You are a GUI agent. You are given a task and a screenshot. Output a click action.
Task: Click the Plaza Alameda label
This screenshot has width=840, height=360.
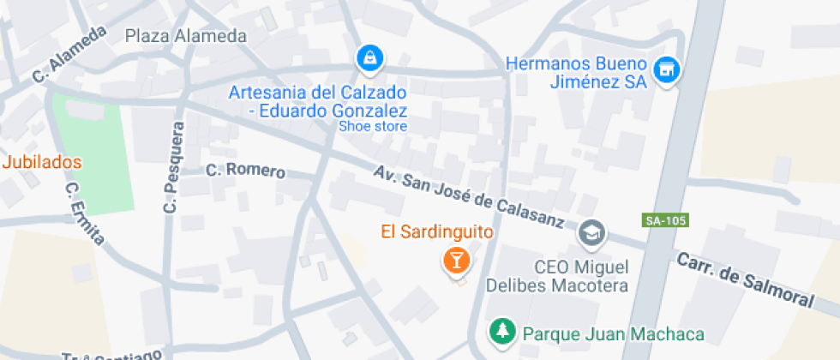point(185,36)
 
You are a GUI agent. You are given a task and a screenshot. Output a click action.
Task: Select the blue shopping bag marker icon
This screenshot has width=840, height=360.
point(369,57)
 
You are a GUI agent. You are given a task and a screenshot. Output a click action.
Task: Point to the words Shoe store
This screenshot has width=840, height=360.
point(373,126)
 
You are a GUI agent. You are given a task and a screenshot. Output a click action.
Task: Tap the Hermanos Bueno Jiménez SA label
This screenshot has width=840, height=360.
point(575,73)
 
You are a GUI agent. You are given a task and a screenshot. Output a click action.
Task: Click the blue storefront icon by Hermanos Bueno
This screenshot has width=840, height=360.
point(664,70)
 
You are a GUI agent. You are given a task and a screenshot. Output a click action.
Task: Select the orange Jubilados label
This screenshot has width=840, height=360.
point(42,161)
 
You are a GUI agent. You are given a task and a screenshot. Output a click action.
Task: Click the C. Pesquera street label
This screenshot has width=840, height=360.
point(174,168)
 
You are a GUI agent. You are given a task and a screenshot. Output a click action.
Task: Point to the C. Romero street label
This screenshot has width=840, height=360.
point(245,170)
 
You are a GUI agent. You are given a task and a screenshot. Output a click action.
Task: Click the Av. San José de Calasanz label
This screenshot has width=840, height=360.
point(468,196)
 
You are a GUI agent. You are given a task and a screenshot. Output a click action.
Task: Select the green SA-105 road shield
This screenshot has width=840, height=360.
point(664,220)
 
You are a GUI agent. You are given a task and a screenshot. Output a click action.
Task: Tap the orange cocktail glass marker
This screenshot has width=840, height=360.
point(456,260)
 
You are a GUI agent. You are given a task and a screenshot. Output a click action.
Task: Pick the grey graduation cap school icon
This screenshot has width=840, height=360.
point(591,231)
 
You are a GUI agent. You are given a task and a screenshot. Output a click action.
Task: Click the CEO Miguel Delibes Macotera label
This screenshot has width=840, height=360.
point(557,276)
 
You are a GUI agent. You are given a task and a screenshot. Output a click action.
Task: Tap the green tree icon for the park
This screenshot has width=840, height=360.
point(501,331)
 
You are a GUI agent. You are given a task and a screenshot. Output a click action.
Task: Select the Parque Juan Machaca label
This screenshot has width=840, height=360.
point(613,333)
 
